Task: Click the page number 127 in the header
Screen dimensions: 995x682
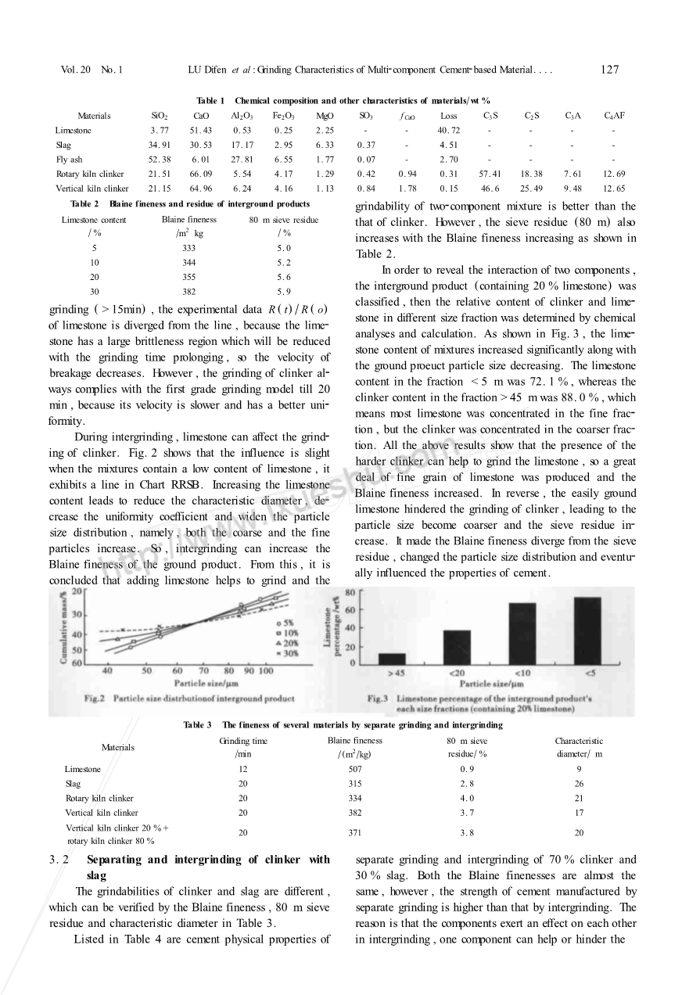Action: (x=610, y=70)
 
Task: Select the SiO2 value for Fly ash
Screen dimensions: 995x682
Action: (x=159, y=160)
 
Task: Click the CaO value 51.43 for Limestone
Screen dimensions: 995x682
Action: (x=201, y=131)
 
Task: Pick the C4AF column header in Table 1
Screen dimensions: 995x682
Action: (x=613, y=116)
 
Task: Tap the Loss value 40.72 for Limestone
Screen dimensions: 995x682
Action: (x=449, y=131)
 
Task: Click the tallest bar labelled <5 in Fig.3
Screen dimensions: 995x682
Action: (x=587, y=630)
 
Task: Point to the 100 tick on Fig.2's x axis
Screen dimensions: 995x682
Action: (x=266, y=671)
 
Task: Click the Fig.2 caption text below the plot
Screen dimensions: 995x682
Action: (x=188, y=698)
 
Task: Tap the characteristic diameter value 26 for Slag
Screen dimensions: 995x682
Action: (x=579, y=784)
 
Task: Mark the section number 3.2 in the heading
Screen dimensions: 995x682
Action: (x=59, y=860)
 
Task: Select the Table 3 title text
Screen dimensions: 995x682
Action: (x=343, y=725)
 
